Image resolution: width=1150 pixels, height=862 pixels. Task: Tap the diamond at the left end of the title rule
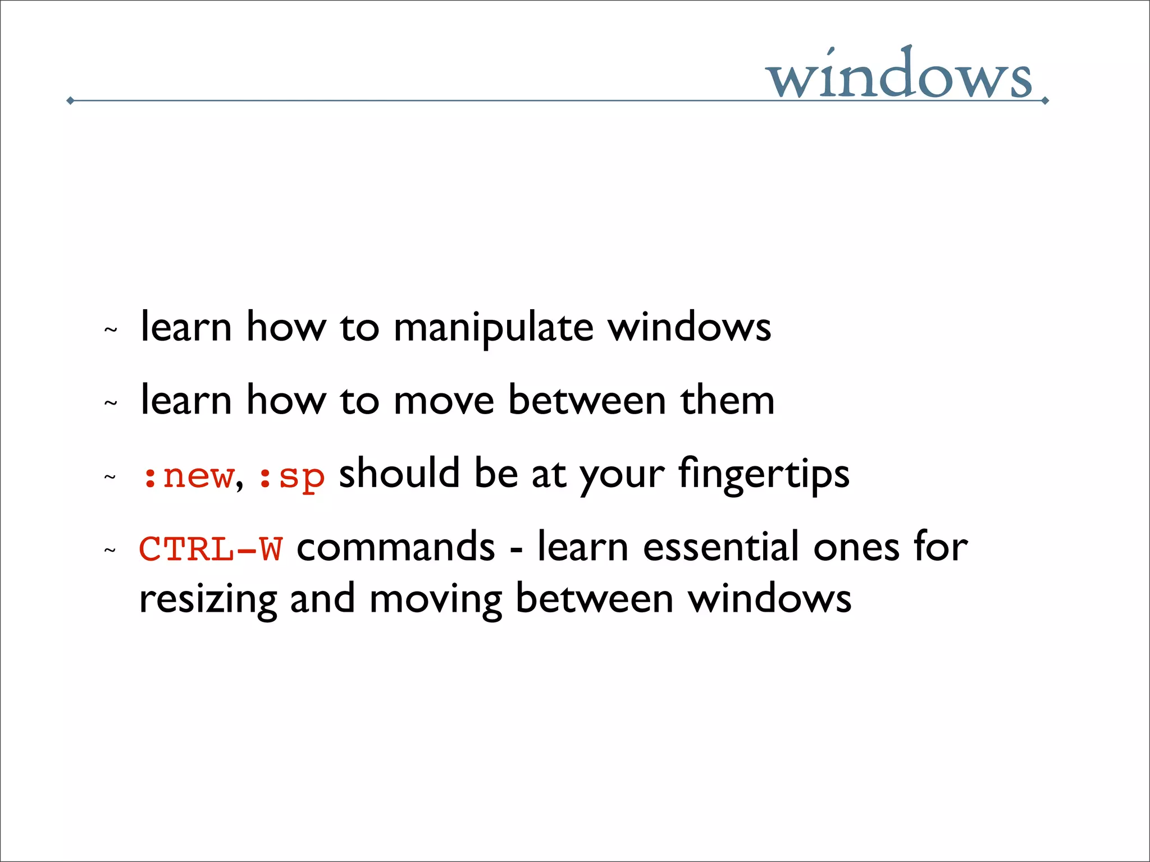tap(70, 100)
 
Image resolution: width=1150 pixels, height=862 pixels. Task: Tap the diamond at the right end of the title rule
tap(1045, 101)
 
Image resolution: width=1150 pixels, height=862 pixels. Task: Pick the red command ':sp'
tap(291, 478)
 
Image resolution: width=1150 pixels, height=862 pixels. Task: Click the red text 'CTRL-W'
tap(211, 548)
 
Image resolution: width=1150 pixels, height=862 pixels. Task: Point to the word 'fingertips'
tap(764, 475)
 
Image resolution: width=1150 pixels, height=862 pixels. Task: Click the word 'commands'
tap(396, 547)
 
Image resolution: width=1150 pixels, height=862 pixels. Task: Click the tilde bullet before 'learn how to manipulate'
tap(111, 330)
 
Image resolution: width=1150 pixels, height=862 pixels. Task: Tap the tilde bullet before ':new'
tap(111, 478)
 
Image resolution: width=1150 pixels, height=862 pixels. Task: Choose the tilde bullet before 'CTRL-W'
tap(111, 551)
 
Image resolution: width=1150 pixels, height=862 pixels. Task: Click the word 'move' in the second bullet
tap(444, 401)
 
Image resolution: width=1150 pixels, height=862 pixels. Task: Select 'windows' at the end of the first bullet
tap(690, 328)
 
